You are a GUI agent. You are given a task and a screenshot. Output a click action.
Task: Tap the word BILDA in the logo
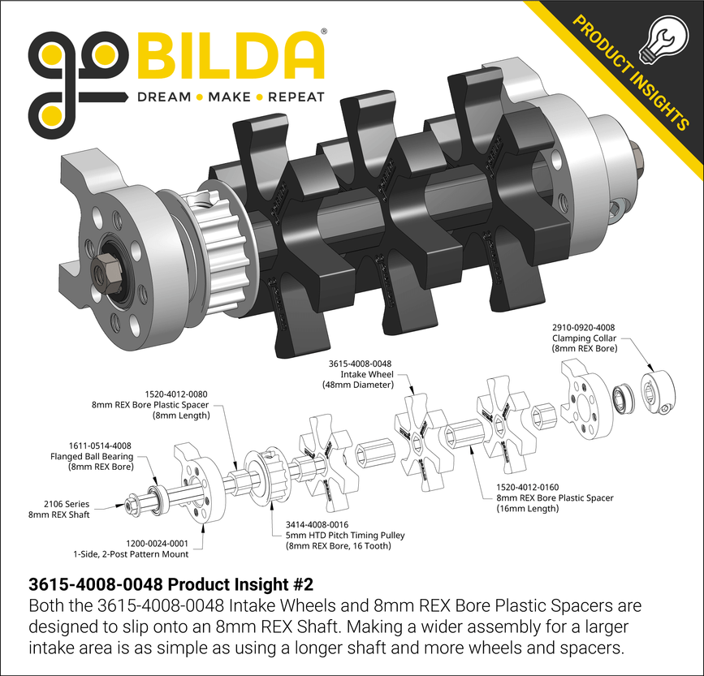(230, 56)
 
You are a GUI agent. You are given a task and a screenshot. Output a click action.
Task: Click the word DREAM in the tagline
(164, 97)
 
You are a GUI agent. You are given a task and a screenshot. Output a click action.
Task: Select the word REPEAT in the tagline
(296, 97)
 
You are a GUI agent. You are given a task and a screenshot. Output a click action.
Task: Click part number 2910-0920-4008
(583, 328)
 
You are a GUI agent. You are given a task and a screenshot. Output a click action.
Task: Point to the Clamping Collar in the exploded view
(659, 392)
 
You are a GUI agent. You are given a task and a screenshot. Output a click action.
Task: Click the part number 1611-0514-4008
(100, 446)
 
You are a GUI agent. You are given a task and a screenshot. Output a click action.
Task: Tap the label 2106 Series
(67, 504)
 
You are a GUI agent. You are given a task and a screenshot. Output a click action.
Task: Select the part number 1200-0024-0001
(158, 544)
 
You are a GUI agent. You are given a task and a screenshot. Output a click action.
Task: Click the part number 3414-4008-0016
(317, 525)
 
